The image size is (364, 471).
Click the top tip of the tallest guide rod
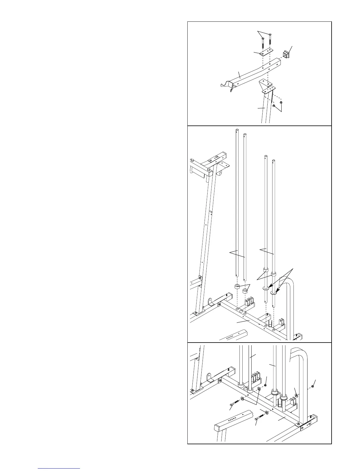(x=237, y=130)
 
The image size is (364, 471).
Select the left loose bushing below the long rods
(x=237, y=287)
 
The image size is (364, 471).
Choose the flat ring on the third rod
(x=265, y=288)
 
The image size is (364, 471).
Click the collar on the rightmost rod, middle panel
(x=274, y=273)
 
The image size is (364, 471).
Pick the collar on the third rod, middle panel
(x=265, y=270)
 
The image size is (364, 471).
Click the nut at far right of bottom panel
(x=313, y=386)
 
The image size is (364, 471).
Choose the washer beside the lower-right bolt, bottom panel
(x=266, y=413)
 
